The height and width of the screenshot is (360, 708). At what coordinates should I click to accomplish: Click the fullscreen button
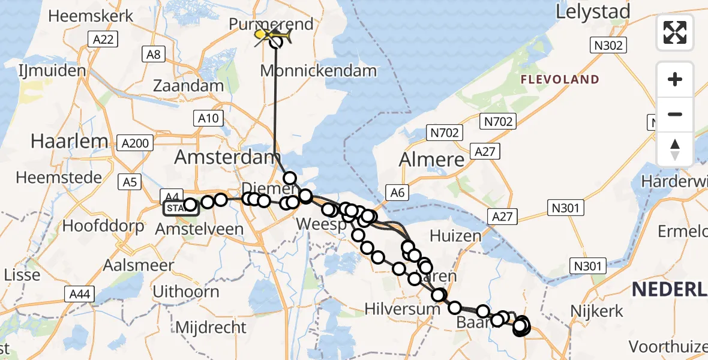click(675, 32)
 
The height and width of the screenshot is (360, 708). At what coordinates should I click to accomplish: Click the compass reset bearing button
click(675, 149)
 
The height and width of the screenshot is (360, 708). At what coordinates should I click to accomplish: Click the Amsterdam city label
click(227, 158)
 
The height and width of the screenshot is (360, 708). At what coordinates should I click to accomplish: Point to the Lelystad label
click(593, 12)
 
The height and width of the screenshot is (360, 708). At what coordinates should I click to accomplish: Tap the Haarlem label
click(70, 142)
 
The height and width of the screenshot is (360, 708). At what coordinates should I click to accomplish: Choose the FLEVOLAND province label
click(560, 79)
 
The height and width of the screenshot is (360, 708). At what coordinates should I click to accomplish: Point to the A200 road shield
click(136, 143)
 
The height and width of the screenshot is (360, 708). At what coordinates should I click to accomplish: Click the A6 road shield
click(397, 192)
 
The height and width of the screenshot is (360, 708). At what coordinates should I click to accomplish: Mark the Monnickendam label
click(319, 71)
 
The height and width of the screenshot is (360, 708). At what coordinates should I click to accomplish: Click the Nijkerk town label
click(598, 311)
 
